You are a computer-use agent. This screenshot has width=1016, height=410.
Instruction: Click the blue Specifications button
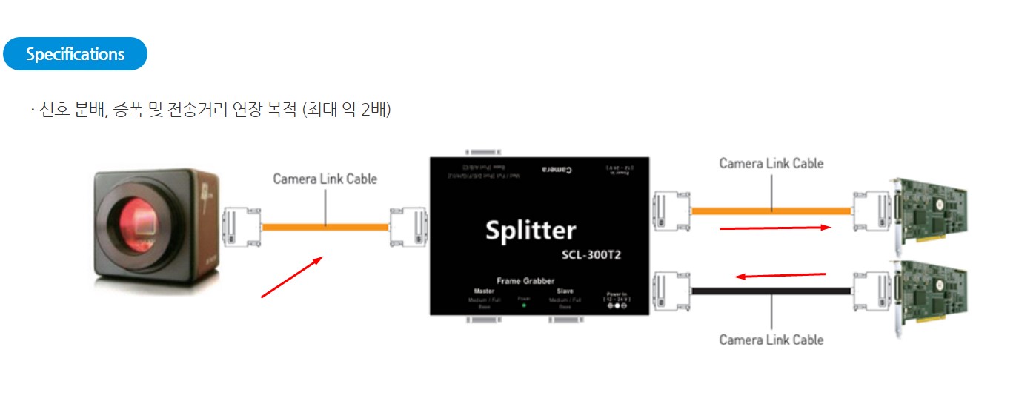pos(75,54)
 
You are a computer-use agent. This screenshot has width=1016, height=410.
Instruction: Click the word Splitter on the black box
pos(530,230)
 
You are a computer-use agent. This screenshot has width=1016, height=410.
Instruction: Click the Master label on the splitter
pos(484,291)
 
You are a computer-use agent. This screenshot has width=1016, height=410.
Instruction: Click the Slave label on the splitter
pos(565,291)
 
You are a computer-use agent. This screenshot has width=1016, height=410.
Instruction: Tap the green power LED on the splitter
pos(524,305)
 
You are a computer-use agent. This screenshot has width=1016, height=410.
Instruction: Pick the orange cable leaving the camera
pos(325,227)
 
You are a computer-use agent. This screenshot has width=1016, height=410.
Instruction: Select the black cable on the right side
pos(771,291)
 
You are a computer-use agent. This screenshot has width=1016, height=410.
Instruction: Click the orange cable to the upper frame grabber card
pos(771,211)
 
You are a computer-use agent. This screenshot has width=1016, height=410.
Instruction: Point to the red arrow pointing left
pos(780,276)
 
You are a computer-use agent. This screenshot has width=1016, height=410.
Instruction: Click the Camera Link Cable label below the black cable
pos(771,340)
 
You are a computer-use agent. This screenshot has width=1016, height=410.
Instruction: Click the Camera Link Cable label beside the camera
pos(325,179)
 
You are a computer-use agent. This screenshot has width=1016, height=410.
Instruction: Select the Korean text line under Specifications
pos(210,110)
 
